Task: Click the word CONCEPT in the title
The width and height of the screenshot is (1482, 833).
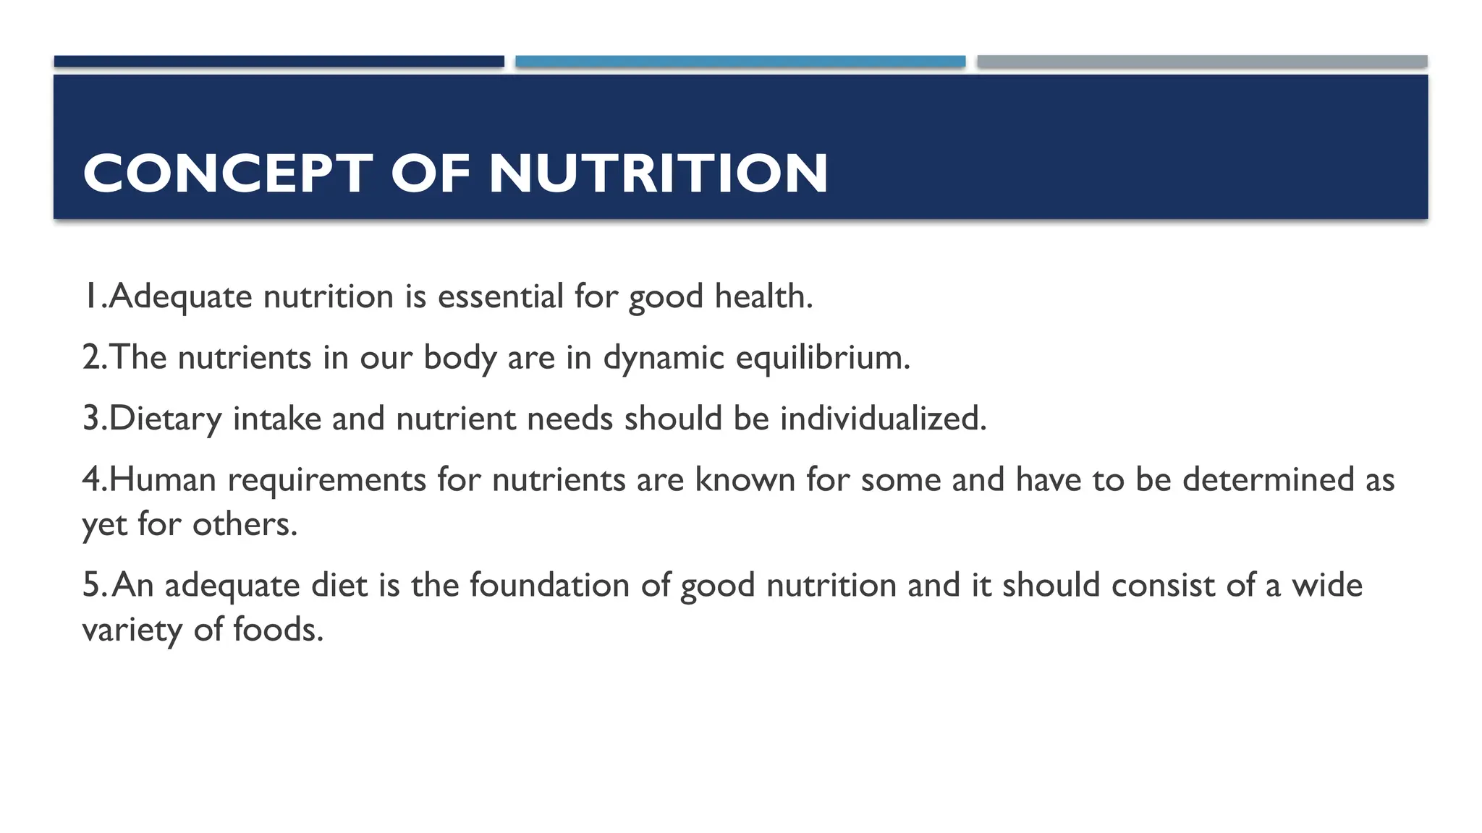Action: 227,174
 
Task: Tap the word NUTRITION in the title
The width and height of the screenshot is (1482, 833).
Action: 658,174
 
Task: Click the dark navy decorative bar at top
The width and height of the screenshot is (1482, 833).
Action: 279,61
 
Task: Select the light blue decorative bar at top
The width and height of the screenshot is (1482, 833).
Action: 740,61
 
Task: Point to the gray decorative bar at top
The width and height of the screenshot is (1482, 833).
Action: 1202,61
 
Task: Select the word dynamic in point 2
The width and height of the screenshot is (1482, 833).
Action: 664,358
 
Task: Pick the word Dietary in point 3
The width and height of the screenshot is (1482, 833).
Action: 165,419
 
